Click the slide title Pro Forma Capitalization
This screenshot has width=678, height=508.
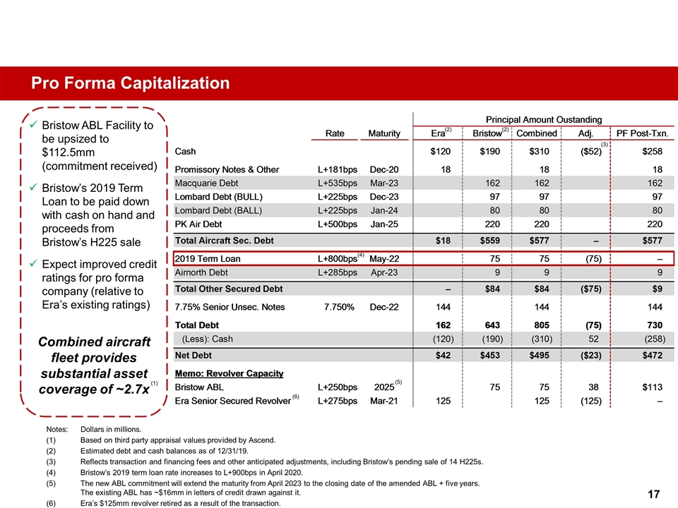pyautogui.click(x=130, y=83)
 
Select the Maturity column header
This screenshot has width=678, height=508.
pyautogui.click(x=384, y=133)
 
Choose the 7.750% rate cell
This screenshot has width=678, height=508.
pyautogui.click(x=338, y=307)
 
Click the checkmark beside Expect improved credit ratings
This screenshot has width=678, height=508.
pyautogui.click(x=33, y=263)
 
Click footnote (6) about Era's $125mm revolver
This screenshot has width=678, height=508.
pyautogui.click(x=180, y=503)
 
